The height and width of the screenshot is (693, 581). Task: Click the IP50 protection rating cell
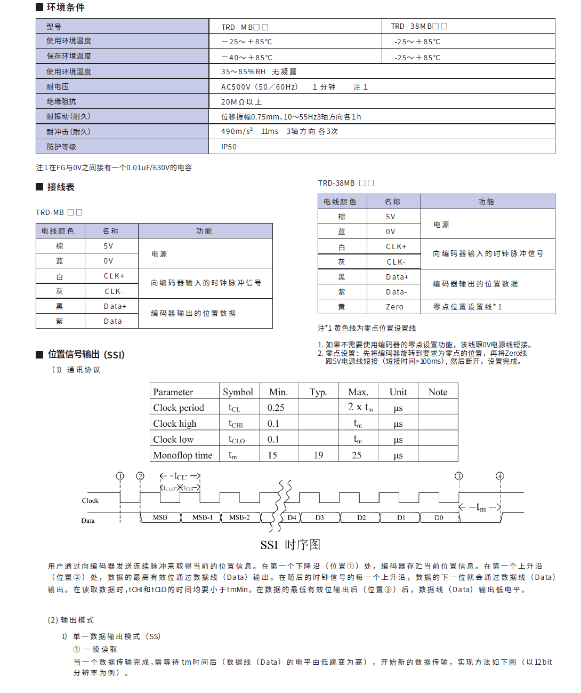pyautogui.click(x=229, y=147)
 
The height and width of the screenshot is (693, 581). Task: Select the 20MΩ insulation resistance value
pyautogui.click(x=241, y=102)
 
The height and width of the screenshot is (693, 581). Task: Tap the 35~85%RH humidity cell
pyautogui.click(x=259, y=71)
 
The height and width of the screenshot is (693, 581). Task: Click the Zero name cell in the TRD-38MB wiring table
pyautogui.click(x=394, y=307)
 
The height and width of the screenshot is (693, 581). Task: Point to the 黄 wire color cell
pyautogui.click(x=342, y=307)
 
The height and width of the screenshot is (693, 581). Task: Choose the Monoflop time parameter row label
pyautogui.click(x=183, y=455)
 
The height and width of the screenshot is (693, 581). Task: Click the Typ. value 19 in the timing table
pyautogui.click(x=318, y=455)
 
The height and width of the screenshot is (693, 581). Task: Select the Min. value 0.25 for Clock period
pyautogui.click(x=276, y=408)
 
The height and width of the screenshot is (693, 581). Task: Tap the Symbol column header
pyautogui.click(x=238, y=392)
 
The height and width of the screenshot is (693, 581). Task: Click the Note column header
pyautogui.click(x=438, y=392)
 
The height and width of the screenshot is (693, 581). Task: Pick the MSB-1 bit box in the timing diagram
pyautogui.click(x=202, y=517)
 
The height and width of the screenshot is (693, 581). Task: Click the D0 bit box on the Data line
pyautogui.click(x=438, y=517)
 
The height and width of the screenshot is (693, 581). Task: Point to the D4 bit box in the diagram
pyautogui.click(x=292, y=517)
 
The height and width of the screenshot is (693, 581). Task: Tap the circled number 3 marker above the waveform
pyautogui.click(x=458, y=476)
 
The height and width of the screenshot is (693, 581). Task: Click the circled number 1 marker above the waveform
pyautogui.click(x=120, y=476)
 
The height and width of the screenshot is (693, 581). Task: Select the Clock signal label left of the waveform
pyautogui.click(x=90, y=501)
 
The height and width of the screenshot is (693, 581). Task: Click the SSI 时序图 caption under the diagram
pyautogui.click(x=290, y=545)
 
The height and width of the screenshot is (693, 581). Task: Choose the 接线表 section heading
pyautogui.click(x=60, y=187)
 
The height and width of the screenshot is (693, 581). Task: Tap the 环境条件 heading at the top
pyautogui.click(x=65, y=7)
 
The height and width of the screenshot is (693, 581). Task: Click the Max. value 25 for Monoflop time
pyautogui.click(x=357, y=455)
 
